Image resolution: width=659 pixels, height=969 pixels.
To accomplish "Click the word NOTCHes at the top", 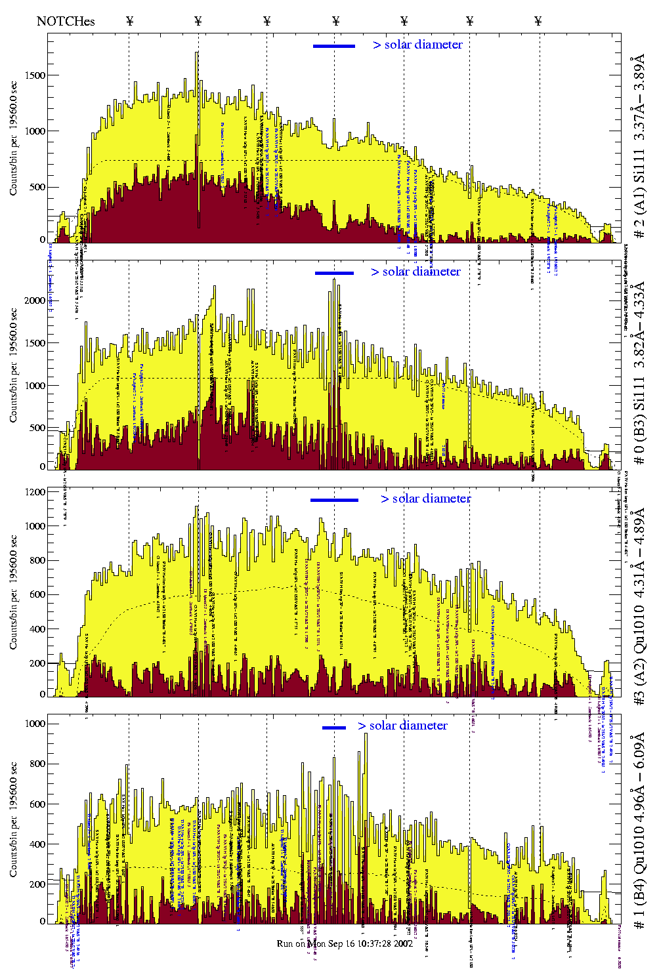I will [66, 21].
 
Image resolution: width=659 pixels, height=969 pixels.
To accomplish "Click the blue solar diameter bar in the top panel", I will [333, 46].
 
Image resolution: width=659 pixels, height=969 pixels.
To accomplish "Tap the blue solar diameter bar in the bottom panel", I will [333, 728].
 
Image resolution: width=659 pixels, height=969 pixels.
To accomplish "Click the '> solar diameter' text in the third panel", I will [425, 499].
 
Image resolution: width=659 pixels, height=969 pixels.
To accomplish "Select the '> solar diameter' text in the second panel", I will [415, 272].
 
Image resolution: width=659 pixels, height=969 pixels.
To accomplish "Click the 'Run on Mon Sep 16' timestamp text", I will [345, 943].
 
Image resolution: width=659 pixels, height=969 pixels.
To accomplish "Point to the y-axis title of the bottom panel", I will [13, 819].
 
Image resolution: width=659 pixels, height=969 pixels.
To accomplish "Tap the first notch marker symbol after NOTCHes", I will [129, 21].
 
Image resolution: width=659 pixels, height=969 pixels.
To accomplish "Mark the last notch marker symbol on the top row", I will [538, 21].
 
